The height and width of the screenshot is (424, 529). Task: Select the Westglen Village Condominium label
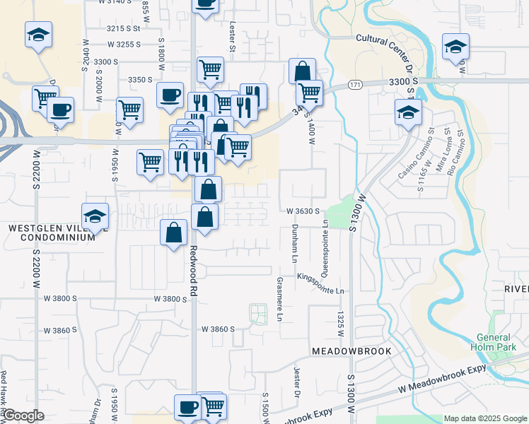pos(52,233)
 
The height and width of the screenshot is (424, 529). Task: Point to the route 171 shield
pos(355,85)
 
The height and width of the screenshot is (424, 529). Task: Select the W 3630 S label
pos(304,211)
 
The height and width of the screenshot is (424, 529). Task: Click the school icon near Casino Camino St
pos(408,112)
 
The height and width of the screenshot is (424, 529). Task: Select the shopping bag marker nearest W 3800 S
pos(174,232)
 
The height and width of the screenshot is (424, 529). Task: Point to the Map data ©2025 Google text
pos(484,418)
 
